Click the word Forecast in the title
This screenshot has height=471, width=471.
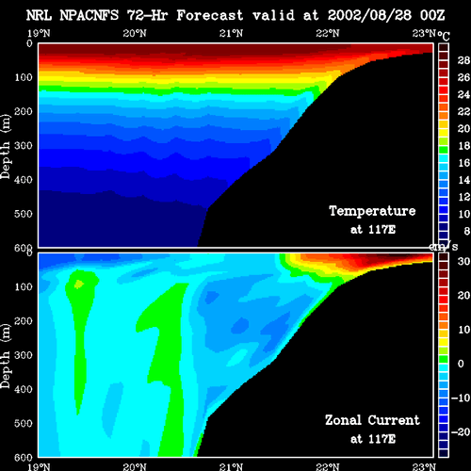pos(210,15)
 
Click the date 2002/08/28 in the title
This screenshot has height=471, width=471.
pos(369,15)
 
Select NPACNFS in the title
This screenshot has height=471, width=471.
pos(89,15)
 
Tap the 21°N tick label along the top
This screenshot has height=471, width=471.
pos(231,33)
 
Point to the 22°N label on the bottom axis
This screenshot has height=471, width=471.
pos(328,466)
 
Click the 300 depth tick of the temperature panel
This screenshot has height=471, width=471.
pos(24,146)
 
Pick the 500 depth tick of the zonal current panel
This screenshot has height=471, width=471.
pos(24,423)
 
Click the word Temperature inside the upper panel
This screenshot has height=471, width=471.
pos(372,211)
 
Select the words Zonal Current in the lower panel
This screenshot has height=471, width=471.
pos(372,420)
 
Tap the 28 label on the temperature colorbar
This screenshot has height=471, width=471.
pos(463,60)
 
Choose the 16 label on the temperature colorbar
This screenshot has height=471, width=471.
pos(463,163)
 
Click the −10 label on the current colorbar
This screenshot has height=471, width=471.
pos(461,398)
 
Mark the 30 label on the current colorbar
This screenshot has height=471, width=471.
pos(463,261)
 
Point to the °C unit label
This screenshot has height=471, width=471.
pos(444,37)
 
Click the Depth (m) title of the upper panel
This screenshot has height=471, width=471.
pos(6,147)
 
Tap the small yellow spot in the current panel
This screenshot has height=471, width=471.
pos(78,284)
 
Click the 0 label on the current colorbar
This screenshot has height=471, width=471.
pos(461,364)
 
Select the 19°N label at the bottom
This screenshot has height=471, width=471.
pos(39,466)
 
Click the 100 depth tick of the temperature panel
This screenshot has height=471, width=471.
pos(24,77)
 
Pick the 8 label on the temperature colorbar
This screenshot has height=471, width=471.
pos(467,231)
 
